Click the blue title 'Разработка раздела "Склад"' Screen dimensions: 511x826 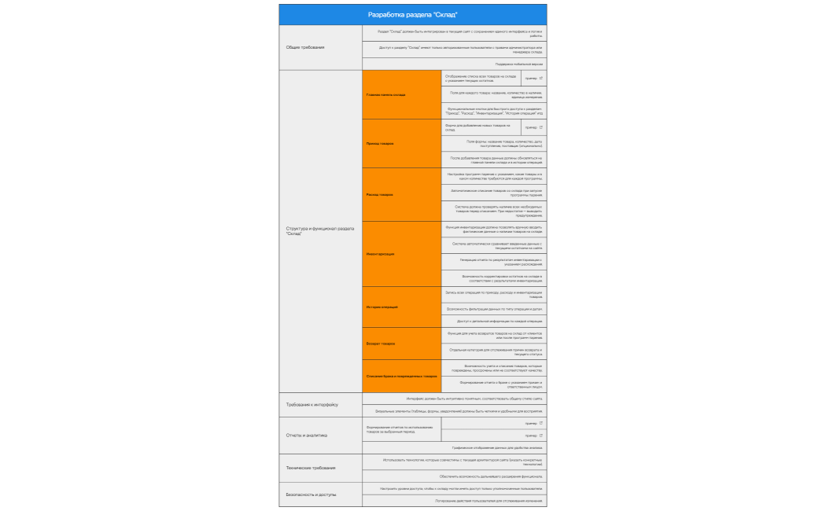point(412,15)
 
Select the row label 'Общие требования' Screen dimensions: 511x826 point(305,47)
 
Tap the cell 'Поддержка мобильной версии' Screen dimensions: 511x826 point(518,64)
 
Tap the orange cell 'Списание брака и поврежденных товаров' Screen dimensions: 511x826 point(401,376)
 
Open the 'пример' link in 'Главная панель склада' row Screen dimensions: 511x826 point(533,79)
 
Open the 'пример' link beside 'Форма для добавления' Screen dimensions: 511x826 point(533,127)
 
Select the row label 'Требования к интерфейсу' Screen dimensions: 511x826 point(312,404)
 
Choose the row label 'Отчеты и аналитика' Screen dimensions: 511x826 point(307,435)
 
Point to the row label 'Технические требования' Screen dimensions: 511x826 point(311,468)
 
